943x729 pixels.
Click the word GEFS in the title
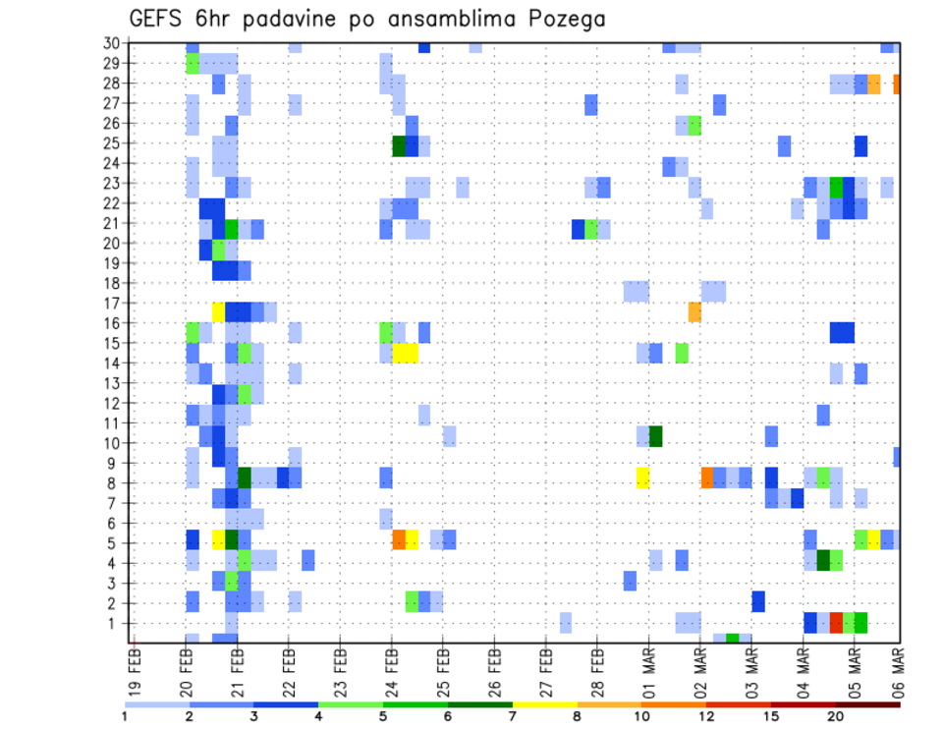click(160, 20)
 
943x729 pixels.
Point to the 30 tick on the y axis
click(111, 43)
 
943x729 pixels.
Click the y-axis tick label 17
click(111, 303)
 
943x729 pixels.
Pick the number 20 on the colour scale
click(836, 716)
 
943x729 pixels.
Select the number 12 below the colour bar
click(707, 716)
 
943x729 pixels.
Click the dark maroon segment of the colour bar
click(867, 704)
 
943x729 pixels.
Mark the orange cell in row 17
click(694, 311)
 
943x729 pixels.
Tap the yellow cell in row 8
click(642, 477)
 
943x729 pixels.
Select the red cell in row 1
click(836, 622)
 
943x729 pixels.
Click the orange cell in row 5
click(399, 538)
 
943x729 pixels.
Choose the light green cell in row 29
click(193, 64)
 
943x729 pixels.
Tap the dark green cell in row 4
click(823, 560)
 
